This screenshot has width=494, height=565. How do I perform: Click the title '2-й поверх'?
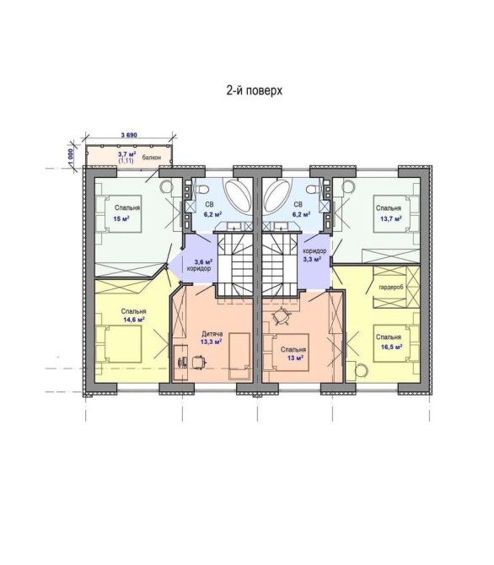(x=254, y=90)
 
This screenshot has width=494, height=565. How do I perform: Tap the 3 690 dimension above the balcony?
(x=129, y=135)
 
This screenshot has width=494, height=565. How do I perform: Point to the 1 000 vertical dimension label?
(x=71, y=158)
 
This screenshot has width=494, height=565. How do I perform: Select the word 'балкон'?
(x=152, y=158)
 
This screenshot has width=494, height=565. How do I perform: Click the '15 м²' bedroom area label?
(x=121, y=218)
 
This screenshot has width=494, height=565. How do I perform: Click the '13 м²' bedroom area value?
(x=294, y=358)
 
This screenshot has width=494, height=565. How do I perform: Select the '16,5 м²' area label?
(x=391, y=347)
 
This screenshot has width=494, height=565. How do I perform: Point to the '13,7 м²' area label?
(x=391, y=218)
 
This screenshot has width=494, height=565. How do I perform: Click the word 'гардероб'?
(x=391, y=288)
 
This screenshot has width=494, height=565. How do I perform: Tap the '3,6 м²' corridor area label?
(x=203, y=261)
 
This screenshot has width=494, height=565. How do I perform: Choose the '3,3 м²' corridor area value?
(x=312, y=259)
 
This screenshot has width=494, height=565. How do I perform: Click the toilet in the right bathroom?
(x=313, y=188)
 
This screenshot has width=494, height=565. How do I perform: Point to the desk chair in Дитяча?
(x=199, y=362)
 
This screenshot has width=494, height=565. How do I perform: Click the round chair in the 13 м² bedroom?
(x=282, y=317)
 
